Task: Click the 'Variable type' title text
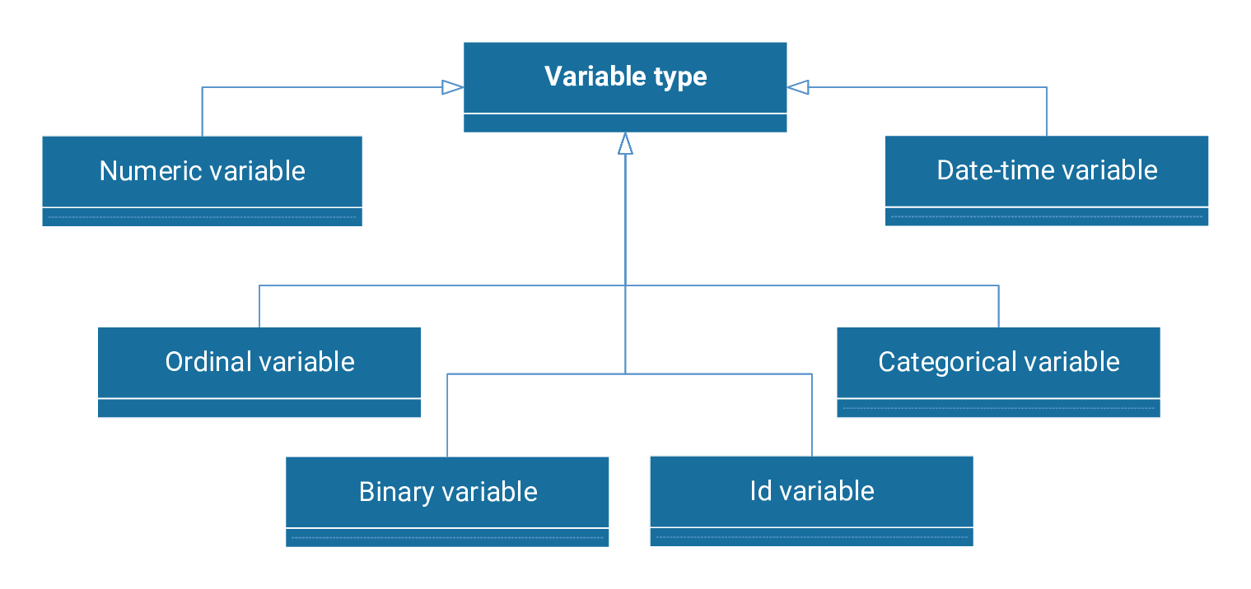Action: pos(625,77)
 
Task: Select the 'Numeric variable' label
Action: pos(202,171)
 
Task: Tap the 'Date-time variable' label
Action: pos(1047,170)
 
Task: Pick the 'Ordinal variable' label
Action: pos(259,362)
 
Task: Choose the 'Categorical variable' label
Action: pos(998,362)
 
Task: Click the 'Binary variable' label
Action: pos(447,492)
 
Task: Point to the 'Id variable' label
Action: pos(811,491)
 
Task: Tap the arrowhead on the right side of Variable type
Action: pos(798,87)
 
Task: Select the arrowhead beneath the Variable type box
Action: pos(625,144)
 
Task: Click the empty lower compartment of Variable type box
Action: pos(625,123)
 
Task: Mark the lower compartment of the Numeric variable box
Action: pos(202,217)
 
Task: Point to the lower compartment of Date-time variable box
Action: pos(1047,216)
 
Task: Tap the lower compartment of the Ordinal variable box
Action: pos(259,408)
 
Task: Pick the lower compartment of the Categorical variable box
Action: pos(998,408)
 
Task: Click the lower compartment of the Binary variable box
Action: pos(447,538)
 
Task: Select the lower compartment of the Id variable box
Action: pos(811,537)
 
